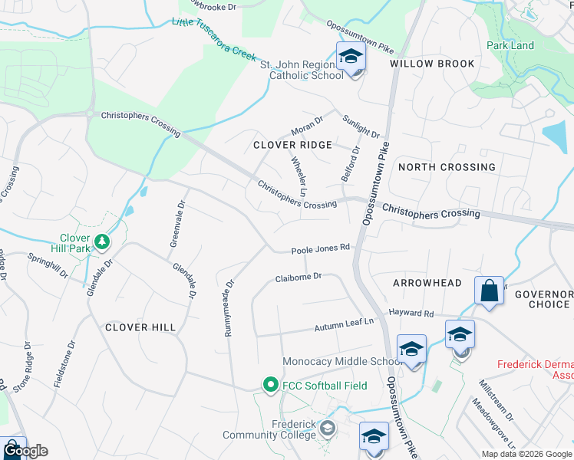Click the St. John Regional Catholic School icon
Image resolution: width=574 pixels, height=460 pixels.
pyautogui.click(x=351, y=58)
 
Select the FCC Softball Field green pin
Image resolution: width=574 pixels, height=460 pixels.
pyautogui.click(x=269, y=385)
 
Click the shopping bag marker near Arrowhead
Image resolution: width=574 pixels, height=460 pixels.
pyautogui.click(x=489, y=292)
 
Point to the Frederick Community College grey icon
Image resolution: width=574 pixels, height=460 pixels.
pyautogui.click(x=328, y=428)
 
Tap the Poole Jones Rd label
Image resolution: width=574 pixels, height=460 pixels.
pyautogui.click(x=321, y=248)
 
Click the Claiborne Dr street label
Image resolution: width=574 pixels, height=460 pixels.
pyautogui.click(x=298, y=278)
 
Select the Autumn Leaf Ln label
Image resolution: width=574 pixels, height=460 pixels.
pyautogui.click(x=344, y=327)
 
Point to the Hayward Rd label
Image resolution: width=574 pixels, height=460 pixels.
pyautogui.click(x=411, y=314)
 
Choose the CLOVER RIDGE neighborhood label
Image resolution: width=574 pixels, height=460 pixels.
pyautogui.click(x=293, y=145)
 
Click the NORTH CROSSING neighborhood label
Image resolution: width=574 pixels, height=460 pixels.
pyautogui.click(x=447, y=167)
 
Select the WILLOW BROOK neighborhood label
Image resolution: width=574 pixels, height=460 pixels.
pyautogui.click(x=432, y=64)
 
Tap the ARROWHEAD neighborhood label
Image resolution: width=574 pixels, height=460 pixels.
pyautogui.click(x=427, y=283)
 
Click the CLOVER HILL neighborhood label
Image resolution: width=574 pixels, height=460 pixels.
pyautogui.click(x=140, y=327)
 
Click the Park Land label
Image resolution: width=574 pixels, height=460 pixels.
pyautogui.click(x=510, y=45)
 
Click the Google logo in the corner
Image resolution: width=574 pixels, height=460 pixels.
pyautogui.click(x=25, y=451)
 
